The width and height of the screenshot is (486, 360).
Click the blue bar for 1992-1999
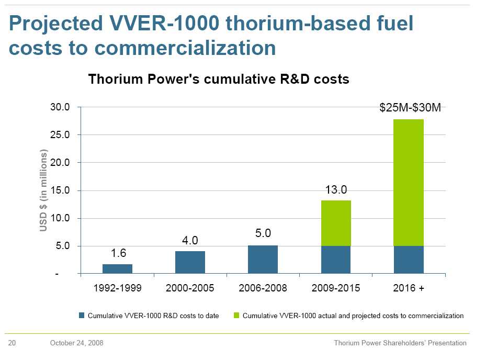[117, 268]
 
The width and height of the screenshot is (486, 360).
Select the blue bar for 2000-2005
[190, 262]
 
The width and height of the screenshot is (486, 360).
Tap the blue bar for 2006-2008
[263, 260]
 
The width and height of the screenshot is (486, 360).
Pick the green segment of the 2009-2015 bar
[336, 223]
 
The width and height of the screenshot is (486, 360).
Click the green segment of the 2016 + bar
[409, 183]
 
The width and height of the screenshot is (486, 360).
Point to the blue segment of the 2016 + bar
[409, 260]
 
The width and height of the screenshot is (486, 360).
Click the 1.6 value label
[118, 254]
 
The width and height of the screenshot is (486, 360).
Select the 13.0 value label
[336, 189]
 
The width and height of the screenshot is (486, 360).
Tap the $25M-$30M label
[410, 108]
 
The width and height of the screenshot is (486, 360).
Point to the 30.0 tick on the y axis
[59, 107]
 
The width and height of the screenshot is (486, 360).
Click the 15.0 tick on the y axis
[59, 190]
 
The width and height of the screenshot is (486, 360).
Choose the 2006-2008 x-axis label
[263, 288]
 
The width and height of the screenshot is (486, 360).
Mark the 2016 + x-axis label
[409, 288]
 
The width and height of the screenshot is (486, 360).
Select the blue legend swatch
[81, 316]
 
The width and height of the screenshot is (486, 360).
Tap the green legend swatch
[235, 316]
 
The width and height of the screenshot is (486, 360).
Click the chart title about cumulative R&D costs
[219, 80]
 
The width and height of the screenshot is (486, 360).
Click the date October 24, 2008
[76, 343]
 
